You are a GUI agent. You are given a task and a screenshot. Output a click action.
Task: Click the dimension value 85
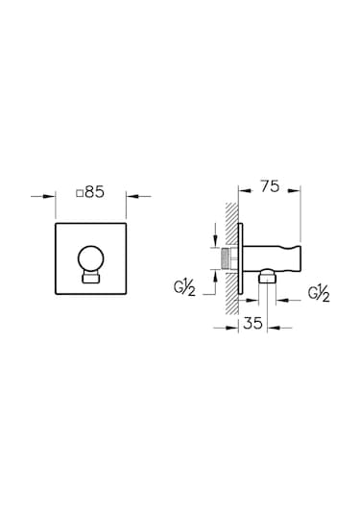pyautogui.click(x=94, y=192)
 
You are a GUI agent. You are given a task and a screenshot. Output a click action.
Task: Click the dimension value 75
pyautogui.click(x=270, y=186)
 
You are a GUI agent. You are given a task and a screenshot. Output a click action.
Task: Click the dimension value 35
pyautogui.click(x=252, y=324)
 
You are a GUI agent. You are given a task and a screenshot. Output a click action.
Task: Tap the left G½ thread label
pyautogui.click(x=184, y=288)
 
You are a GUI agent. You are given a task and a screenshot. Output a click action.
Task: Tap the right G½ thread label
pyautogui.click(x=319, y=294)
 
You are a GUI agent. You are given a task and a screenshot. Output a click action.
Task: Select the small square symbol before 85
pyautogui.click(x=80, y=193)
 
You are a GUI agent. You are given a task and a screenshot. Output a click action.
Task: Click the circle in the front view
pyautogui.click(x=91, y=258)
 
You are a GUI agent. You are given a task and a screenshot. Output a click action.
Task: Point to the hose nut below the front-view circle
pyautogui.click(x=91, y=278)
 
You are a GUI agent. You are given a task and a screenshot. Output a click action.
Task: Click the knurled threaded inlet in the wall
pyautogui.click(x=227, y=258)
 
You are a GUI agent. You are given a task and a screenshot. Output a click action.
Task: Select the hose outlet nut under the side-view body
pyautogui.click(x=267, y=277)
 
